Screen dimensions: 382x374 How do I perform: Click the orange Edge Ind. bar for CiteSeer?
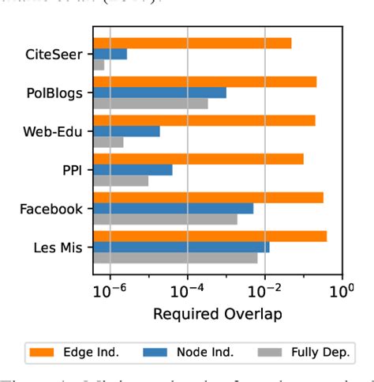pyautogui.click(x=192, y=43)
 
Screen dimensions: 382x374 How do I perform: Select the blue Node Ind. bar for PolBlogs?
pyautogui.click(x=159, y=93)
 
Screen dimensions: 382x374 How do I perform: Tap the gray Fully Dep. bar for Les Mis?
pyautogui.click(x=175, y=258)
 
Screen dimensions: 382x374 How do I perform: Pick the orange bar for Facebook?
pyautogui.click(x=208, y=198)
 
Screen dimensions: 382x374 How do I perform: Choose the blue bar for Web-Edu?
pyautogui.click(x=126, y=131)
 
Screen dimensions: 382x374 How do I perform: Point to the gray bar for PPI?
pyautogui.click(x=121, y=181)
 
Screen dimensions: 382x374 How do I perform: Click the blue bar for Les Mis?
pyautogui.click(x=181, y=247)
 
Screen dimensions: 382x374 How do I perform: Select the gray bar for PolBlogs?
pyautogui.click(x=150, y=104)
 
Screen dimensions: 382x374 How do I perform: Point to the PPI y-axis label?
pyautogui.click(x=72, y=170)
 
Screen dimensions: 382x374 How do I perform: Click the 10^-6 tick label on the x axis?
pyautogui.click(x=109, y=290)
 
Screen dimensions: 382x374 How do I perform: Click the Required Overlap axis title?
pyautogui.click(x=217, y=314)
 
